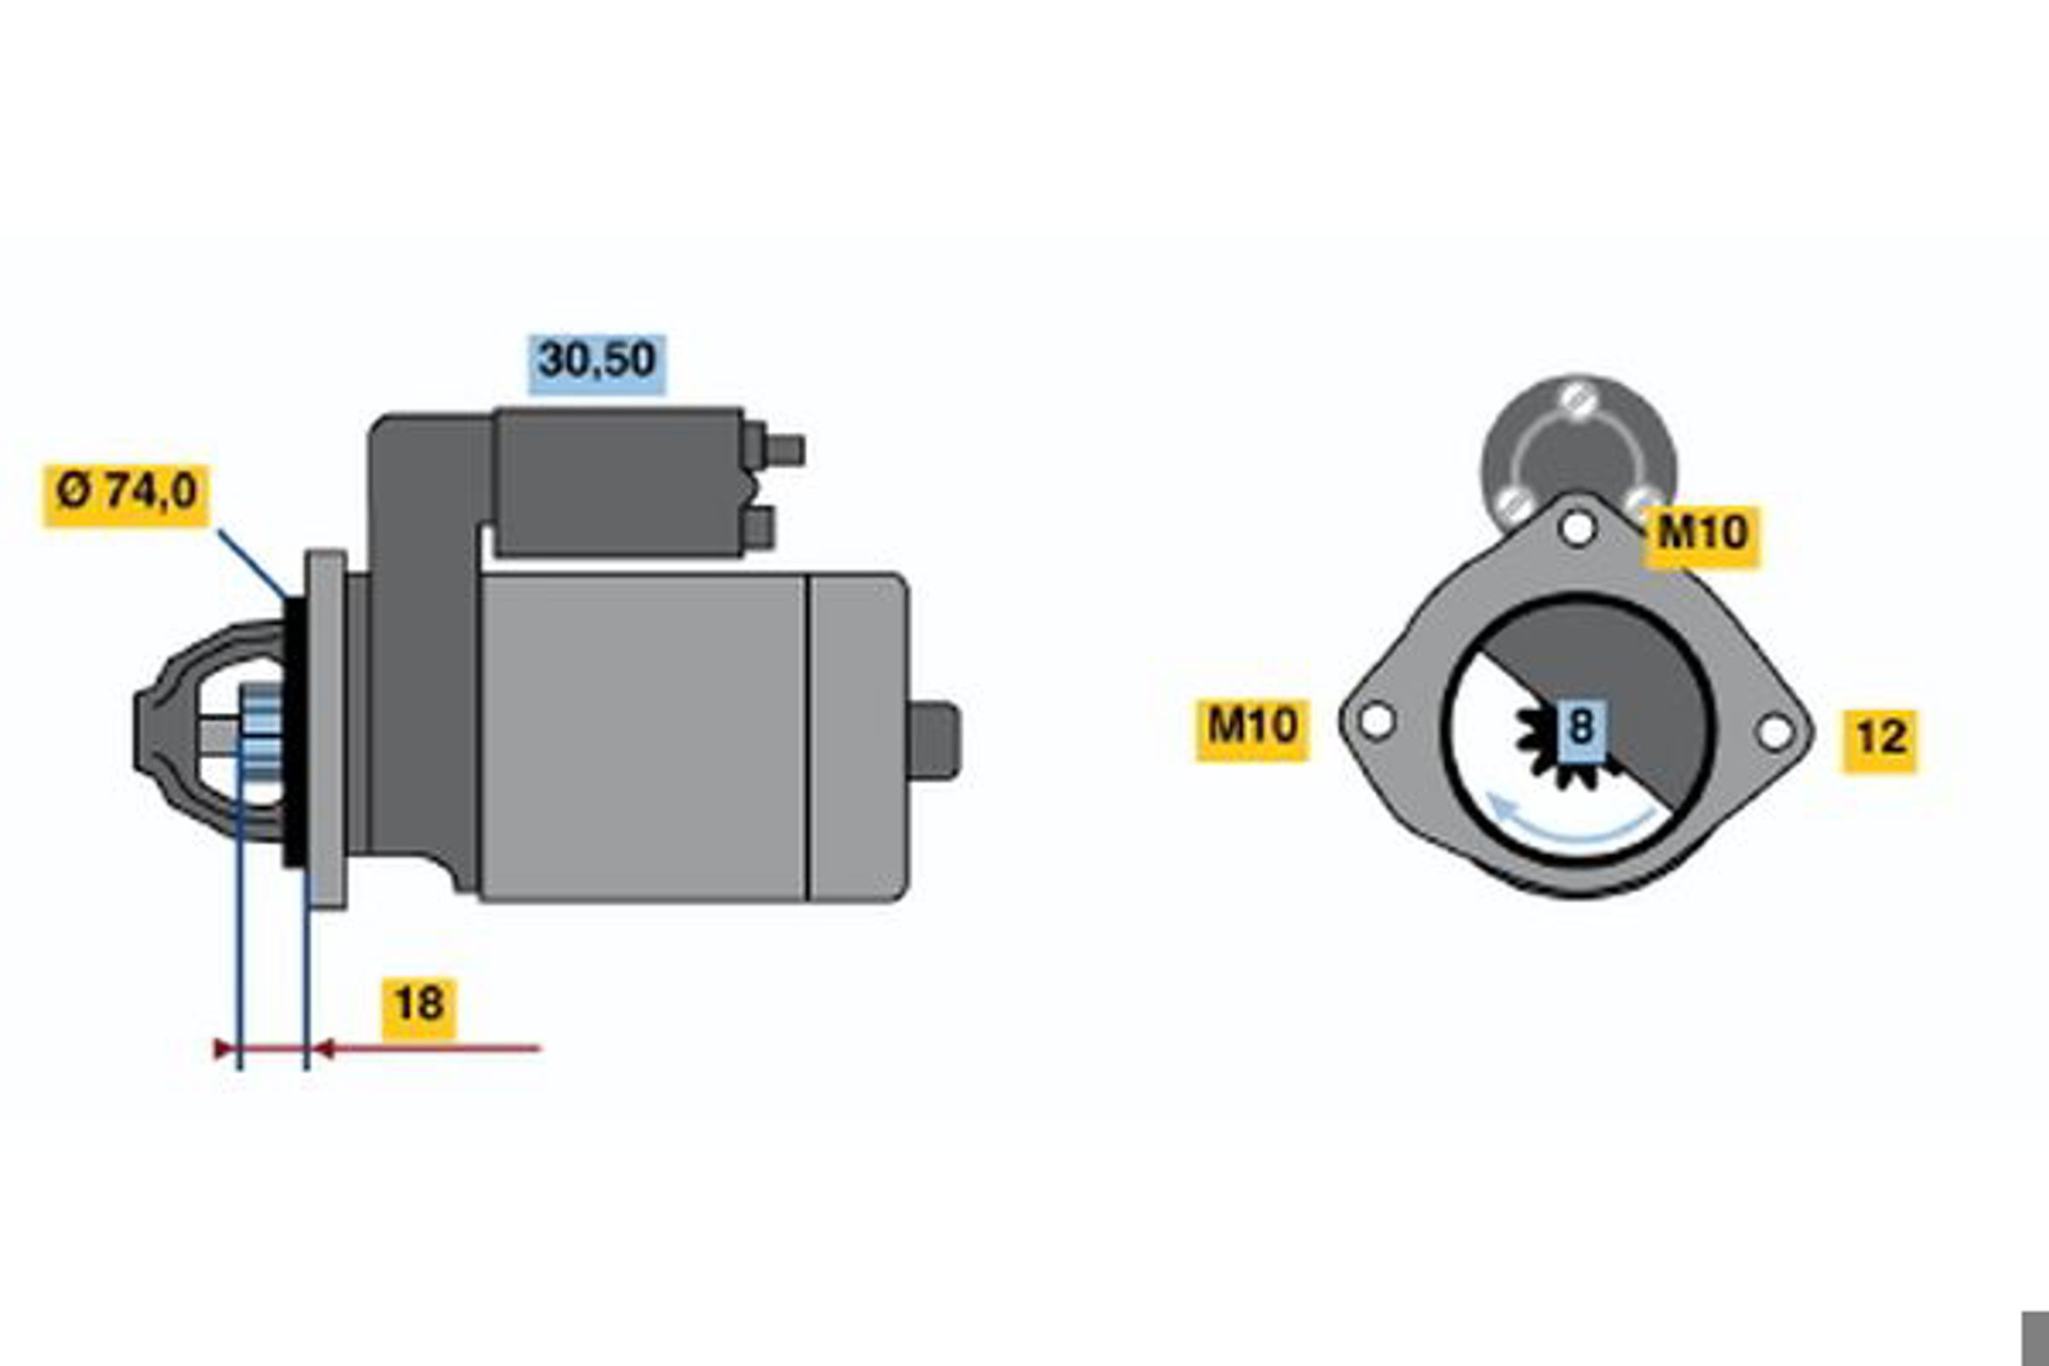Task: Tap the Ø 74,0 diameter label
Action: coord(126,495)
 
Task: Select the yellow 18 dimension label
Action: coord(418,1008)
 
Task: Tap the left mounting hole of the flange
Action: coord(1376,721)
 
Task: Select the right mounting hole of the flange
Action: coord(1776,732)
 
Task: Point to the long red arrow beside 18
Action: coord(427,1049)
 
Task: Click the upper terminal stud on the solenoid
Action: coord(783,451)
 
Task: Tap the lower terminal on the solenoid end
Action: coord(759,528)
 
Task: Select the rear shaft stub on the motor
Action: coord(934,740)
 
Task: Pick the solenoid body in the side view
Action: coord(618,482)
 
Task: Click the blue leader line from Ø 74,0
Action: coord(253,563)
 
